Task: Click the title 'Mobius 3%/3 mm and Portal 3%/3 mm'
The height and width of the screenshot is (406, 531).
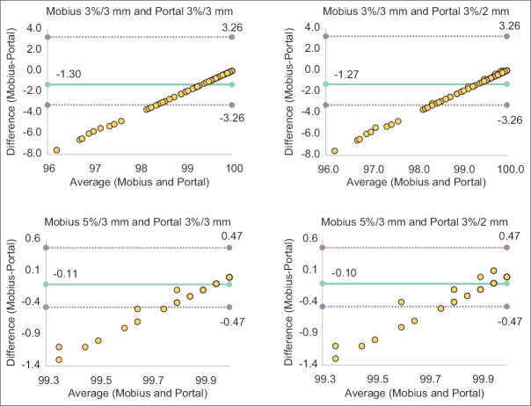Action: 140,11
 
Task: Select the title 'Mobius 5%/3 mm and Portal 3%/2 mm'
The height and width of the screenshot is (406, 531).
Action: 414,222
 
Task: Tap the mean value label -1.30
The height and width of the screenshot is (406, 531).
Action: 69,74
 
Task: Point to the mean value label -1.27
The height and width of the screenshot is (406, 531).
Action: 346,74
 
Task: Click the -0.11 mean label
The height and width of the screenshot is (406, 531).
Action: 65,273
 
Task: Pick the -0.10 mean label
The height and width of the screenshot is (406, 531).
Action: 344,273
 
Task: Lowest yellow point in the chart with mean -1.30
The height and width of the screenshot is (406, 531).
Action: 56,150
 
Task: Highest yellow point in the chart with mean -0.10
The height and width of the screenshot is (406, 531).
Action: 493,271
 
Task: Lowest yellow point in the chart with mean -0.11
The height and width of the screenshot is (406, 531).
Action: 59,359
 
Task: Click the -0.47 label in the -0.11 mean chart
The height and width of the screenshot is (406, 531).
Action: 232,322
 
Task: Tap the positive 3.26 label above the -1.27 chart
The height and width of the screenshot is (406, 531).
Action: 509,26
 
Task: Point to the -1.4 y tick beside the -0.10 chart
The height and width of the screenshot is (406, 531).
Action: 307,364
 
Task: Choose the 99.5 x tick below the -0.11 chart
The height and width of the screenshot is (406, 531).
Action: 101,381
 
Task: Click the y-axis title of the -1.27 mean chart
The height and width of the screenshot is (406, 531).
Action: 288,91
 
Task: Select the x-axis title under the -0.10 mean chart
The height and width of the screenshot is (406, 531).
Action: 414,393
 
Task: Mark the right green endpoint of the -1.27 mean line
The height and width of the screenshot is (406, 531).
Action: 506,84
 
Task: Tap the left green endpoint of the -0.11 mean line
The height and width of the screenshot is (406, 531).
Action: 47,285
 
